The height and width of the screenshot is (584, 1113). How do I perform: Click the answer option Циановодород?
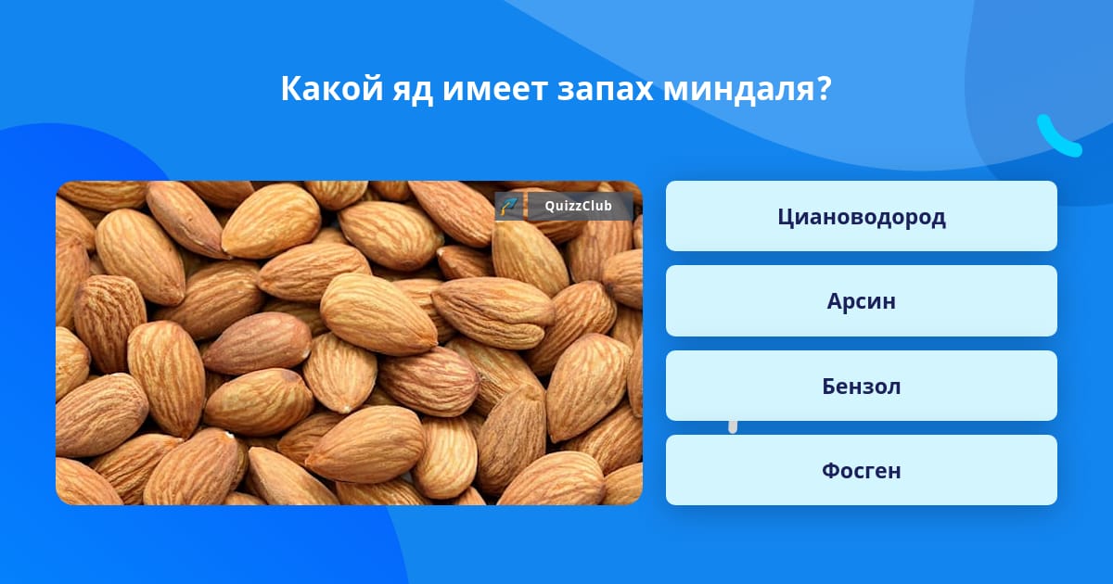[x=861, y=216]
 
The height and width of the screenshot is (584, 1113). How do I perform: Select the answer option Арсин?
[x=861, y=301]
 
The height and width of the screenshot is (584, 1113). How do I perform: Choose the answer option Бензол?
[x=861, y=386]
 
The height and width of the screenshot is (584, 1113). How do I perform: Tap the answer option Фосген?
[x=861, y=470]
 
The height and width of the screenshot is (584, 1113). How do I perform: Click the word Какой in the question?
[x=332, y=88]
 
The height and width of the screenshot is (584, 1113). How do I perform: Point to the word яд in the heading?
[x=413, y=92]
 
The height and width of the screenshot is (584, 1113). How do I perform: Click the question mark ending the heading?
[x=824, y=89]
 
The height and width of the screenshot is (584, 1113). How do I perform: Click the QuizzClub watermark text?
[x=578, y=206]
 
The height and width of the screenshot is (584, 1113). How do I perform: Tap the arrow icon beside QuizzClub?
[x=509, y=206]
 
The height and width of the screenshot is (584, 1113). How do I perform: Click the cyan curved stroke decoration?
[x=1057, y=138]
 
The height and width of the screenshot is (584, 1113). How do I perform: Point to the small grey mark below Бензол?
[x=733, y=427]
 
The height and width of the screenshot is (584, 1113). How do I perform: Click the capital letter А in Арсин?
[x=837, y=301]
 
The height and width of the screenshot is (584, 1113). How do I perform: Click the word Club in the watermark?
[x=595, y=206]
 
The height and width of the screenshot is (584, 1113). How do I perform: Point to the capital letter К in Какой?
[x=291, y=88]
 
